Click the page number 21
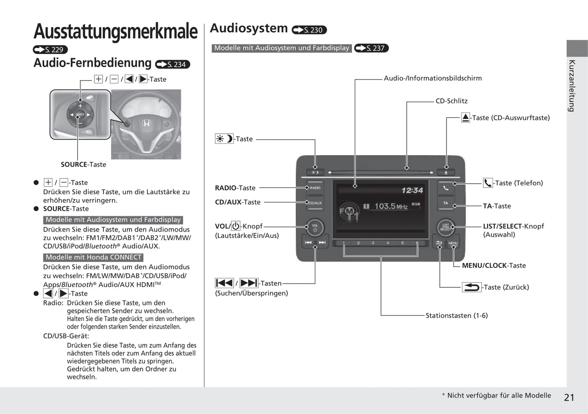click(569, 397)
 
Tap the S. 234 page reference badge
click(173, 64)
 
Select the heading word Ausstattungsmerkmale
click(116, 31)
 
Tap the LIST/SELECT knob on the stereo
click(445, 227)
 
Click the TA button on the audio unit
click(446, 203)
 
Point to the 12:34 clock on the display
click(412, 190)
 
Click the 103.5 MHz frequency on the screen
click(391, 206)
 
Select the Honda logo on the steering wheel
click(146, 123)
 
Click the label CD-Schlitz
click(451, 101)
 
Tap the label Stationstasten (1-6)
click(457, 315)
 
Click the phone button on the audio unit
click(446, 188)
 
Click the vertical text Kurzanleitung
click(572, 86)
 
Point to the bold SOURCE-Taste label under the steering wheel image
click(83, 165)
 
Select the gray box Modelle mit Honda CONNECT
click(93, 257)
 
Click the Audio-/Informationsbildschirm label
click(433, 78)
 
